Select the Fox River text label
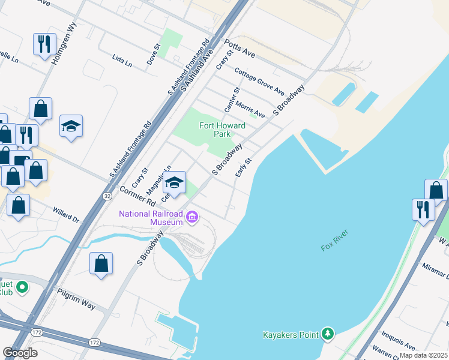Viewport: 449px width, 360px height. tap(335, 239)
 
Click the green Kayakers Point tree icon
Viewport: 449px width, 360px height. tap(327, 333)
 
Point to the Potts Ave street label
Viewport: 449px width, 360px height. tap(240, 49)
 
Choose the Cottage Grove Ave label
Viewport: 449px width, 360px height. tap(259, 82)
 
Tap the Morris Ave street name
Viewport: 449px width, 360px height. tap(250, 109)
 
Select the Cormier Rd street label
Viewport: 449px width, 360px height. tap(137, 197)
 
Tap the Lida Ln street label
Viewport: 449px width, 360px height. tap(122, 60)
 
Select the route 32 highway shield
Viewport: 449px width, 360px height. tap(106, 196)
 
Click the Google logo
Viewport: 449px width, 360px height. tap(20, 353)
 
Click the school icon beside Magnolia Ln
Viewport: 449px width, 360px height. tap(175, 183)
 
